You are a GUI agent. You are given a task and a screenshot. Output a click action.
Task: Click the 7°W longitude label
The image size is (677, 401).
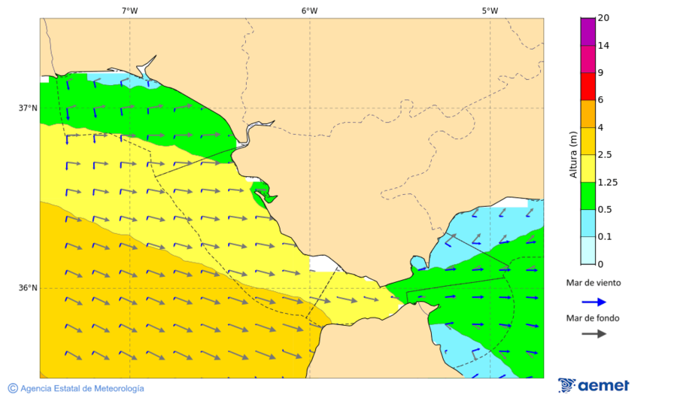coord(129,11)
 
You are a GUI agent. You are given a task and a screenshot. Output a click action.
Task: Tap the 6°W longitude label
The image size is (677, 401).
coord(309,11)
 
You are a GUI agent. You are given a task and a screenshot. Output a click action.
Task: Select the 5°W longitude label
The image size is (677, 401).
coord(490,11)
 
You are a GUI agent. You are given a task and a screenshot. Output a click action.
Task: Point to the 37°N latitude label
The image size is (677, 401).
coord(28,108)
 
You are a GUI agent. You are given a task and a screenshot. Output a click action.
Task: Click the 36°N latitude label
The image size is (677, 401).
coord(28,287)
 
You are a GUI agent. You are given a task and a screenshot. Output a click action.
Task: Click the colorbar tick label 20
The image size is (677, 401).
coord(603,18)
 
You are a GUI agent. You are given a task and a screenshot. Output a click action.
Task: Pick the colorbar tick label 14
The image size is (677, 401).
coord(603,45)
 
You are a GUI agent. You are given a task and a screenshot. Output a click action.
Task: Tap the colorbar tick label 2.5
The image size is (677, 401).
coord(604,155)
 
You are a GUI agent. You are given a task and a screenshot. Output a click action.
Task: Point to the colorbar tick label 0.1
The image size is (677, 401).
coord(604,237)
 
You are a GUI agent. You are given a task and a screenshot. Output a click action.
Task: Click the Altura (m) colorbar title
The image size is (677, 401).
coord(573,154)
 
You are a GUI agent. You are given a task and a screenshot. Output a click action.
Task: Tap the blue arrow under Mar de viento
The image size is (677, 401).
coord(594,302)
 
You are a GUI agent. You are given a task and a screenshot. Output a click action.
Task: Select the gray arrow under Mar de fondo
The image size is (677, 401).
coord(594,333)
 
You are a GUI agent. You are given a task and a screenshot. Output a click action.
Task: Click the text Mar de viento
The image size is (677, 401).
coord(594,284)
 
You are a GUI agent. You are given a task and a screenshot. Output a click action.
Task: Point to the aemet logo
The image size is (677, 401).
coord(594,385)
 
